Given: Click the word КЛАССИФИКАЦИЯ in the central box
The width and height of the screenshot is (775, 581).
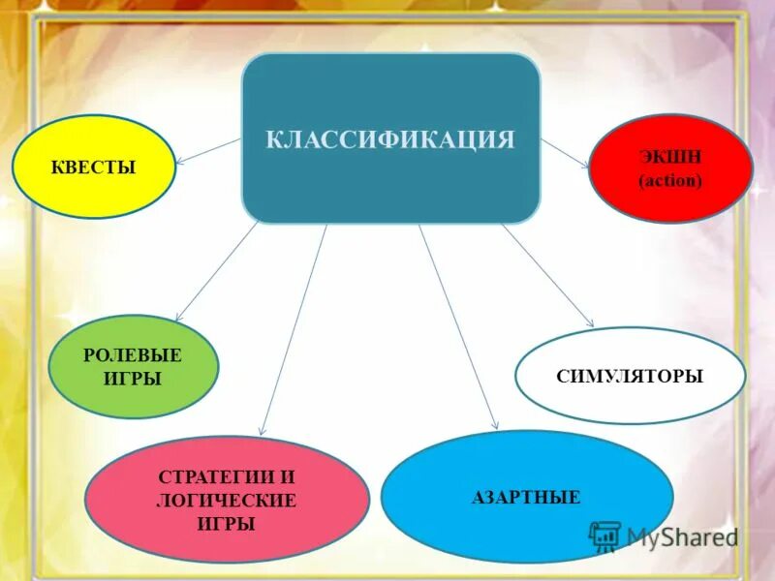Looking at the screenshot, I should coord(390,138).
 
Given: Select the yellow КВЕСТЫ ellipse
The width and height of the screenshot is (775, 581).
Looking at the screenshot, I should coord(93,168).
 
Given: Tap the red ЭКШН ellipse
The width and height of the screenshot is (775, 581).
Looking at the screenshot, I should coord(670,168).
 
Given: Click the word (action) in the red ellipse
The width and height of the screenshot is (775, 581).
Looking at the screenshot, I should coord(670,181).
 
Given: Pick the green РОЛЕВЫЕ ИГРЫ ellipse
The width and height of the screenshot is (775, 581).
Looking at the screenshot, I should coord(133,366).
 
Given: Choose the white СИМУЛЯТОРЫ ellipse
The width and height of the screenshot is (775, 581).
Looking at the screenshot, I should coord(630,376).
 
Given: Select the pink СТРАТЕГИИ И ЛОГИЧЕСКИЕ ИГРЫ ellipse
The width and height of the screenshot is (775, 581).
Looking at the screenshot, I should coord(227,500).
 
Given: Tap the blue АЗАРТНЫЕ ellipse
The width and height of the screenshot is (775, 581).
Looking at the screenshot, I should coord(526,497).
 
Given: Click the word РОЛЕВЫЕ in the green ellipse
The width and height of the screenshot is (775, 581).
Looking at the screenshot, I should coord(133,355).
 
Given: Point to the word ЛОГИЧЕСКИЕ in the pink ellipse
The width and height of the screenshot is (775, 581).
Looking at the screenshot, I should coord(226,501).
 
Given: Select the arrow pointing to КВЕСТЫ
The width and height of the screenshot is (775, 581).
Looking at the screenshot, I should coord(208,150).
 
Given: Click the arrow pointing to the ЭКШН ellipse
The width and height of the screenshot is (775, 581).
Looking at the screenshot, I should coord(566,153).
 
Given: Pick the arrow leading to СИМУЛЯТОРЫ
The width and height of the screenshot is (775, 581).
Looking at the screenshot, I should coord(547,275).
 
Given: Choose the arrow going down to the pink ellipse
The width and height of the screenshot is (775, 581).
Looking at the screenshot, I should coord(294,329).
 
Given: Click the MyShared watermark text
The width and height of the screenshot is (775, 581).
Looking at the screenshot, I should coord(682,535).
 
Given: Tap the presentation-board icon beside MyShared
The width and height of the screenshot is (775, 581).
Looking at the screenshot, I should coord(605,535).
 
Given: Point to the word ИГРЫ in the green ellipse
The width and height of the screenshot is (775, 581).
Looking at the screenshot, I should coord(133,379).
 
